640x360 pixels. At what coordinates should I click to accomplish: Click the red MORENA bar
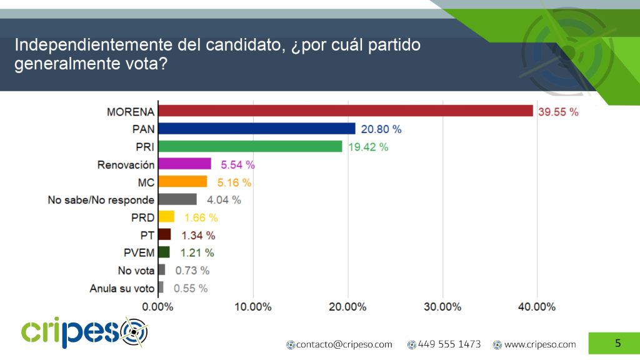pyautogui.click(x=346, y=111)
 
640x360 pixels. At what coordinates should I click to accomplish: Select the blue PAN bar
pyautogui.click(x=257, y=129)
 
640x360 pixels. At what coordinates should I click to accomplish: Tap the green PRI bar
pyautogui.click(x=250, y=146)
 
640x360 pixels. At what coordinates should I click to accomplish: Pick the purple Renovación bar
pyautogui.click(x=184, y=164)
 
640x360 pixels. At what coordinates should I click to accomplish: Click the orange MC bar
pyautogui.click(x=182, y=182)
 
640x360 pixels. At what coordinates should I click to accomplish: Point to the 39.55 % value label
pyautogui.click(x=559, y=112)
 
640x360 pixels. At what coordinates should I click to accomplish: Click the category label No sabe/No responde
pyautogui.click(x=101, y=200)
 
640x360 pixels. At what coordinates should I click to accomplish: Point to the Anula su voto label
pyautogui.click(x=122, y=288)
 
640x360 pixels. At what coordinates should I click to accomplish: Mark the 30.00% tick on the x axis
pyautogui.click(x=442, y=307)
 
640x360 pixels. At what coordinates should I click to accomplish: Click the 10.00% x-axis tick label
pyautogui.click(x=253, y=307)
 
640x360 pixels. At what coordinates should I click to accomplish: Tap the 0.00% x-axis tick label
pyautogui.click(x=158, y=307)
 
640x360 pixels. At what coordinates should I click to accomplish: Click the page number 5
pyautogui.click(x=618, y=343)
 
